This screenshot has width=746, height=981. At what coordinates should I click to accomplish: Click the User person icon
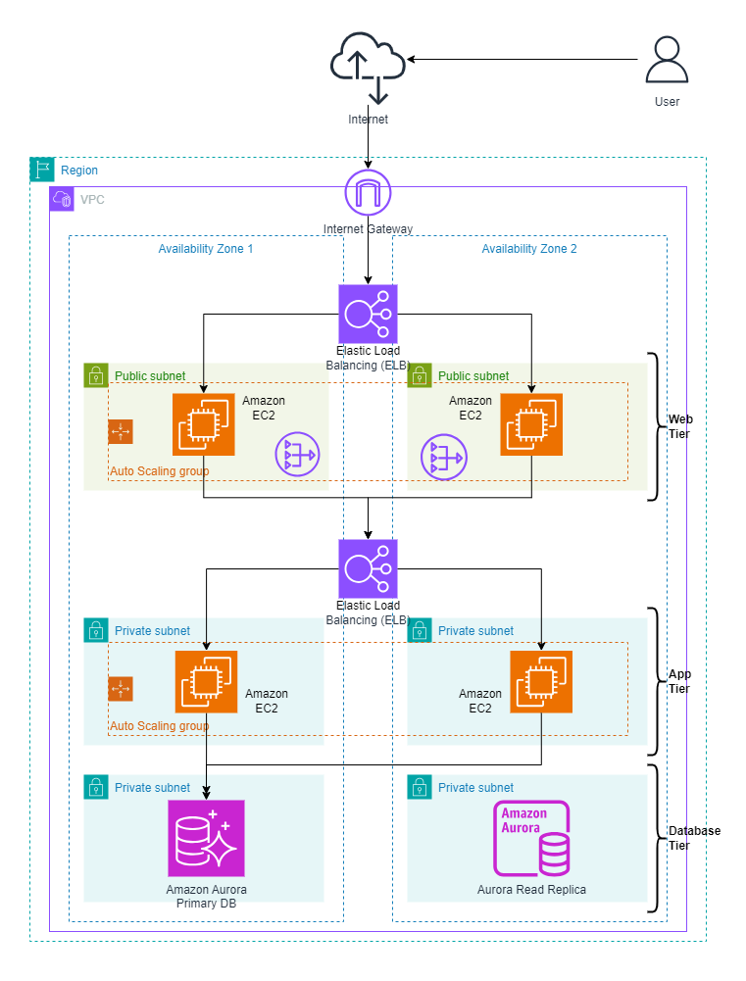[667, 62]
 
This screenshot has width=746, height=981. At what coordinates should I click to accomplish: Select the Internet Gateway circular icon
[368, 193]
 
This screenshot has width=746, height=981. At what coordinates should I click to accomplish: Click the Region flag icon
[42, 170]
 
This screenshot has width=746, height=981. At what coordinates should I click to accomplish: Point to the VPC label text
[91, 199]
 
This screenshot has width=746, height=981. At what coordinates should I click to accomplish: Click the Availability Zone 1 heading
[206, 249]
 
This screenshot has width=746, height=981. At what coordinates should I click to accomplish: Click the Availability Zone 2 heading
[528, 249]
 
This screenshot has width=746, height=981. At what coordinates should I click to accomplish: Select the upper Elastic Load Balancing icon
[368, 314]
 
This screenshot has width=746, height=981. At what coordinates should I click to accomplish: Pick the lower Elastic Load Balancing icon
[368, 568]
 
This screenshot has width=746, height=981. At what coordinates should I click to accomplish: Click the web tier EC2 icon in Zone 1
[204, 424]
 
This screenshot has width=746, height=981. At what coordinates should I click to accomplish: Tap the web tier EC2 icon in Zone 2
[531, 424]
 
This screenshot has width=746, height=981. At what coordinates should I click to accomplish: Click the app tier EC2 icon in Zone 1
[206, 681]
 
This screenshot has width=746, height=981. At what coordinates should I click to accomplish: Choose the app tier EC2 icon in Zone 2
[541, 681]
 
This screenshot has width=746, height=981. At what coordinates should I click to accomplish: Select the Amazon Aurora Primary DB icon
[206, 838]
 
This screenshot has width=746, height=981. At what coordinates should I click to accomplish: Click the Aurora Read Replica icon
[530, 838]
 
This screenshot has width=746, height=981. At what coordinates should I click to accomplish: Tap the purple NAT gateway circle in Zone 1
[297, 458]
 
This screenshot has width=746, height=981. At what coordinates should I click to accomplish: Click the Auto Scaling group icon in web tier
[121, 431]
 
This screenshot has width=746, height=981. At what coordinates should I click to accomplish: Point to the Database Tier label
[693, 838]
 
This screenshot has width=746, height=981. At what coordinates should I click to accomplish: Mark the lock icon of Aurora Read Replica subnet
[420, 787]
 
